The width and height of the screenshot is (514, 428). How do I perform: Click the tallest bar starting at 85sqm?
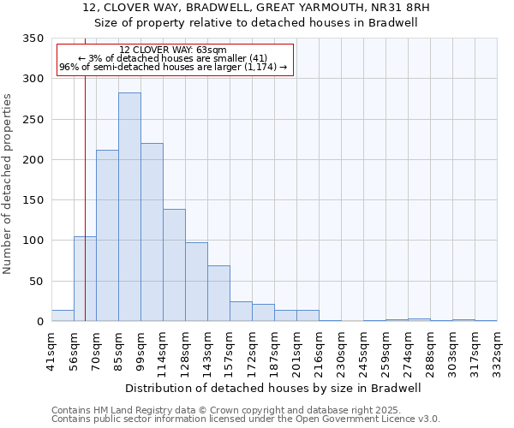[x=129, y=207]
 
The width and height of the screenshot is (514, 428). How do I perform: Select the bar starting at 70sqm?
[x=107, y=235]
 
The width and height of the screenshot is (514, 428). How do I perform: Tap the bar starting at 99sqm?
[x=152, y=232]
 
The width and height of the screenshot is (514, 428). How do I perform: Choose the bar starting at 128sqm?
[x=196, y=282]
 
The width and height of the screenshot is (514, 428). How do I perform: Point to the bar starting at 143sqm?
[x=218, y=294]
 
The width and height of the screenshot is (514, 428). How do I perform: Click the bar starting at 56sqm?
[x=85, y=279]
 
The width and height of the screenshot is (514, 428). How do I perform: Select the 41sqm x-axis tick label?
[x=51, y=349]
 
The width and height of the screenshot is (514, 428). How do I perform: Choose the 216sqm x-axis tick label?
[x=319, y=349]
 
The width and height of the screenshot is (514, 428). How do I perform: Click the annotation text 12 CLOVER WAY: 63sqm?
[x=174, y=51]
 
